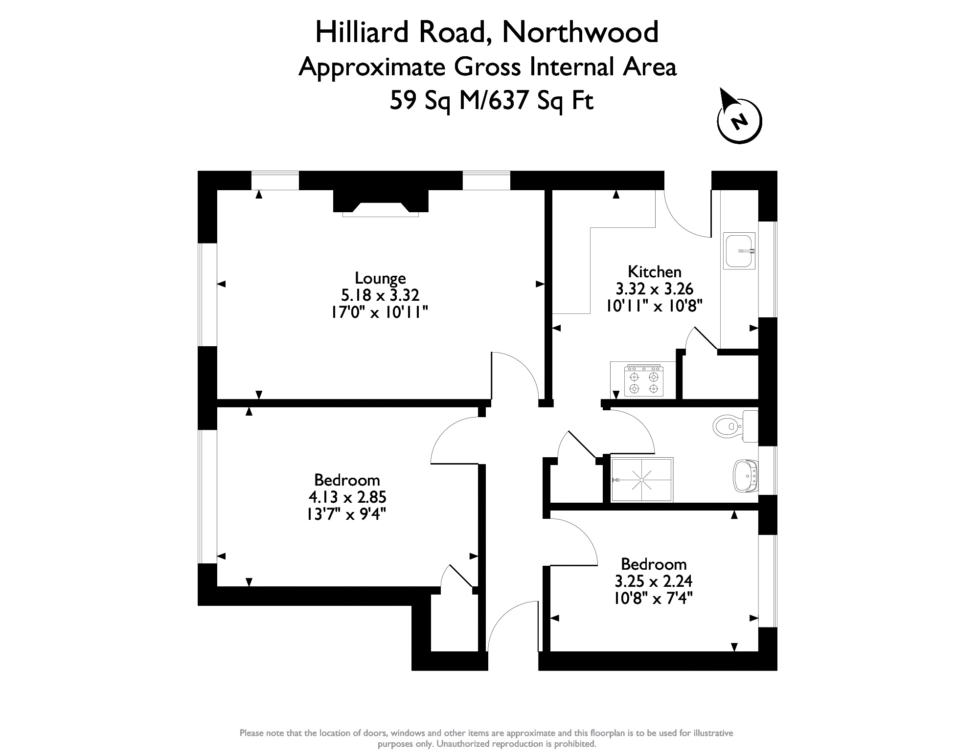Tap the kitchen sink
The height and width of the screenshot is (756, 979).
pos(740,250)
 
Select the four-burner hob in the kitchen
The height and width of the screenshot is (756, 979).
pos(643,380)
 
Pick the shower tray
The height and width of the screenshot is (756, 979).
pos(642,480)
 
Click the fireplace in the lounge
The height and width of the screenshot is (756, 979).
pos(381,203)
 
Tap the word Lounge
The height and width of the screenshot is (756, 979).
pos(380,278)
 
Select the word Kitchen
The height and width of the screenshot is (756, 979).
pos(654,271)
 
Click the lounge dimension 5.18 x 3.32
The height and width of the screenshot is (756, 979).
pos(380,295)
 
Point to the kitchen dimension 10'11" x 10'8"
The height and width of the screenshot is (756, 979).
pos(654,306)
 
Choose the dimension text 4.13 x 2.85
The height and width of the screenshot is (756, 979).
pos(347,497)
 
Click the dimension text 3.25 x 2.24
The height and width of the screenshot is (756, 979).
pos(654,581)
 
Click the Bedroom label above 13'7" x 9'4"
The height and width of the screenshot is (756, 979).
pos(347,480)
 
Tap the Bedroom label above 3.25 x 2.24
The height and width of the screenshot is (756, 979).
pos(654,564)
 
